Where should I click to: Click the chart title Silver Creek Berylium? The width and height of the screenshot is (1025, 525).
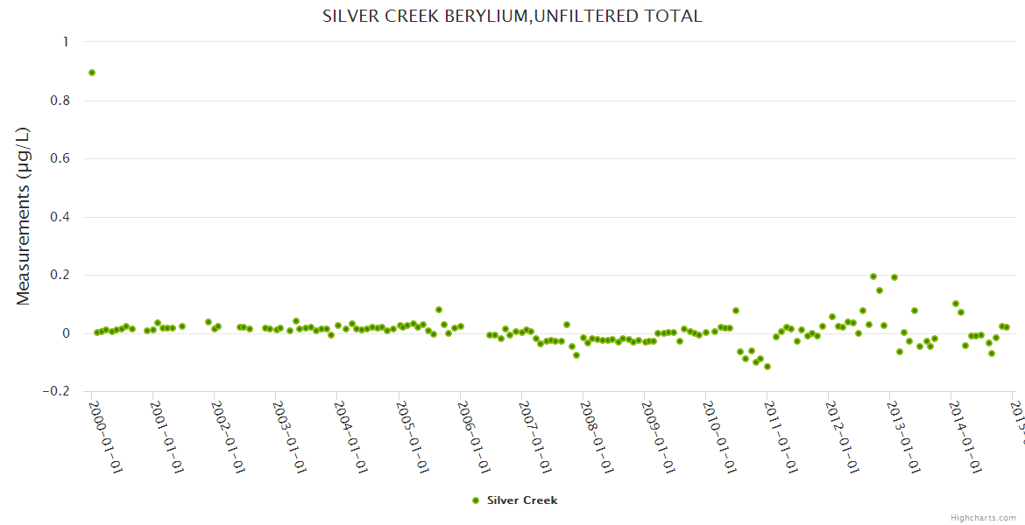(512, 17)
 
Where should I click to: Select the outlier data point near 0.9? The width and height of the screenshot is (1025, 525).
(92, 73)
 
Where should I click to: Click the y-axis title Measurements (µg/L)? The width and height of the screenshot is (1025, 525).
(24, 216)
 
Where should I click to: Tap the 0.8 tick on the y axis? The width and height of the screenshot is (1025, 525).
(62, 101)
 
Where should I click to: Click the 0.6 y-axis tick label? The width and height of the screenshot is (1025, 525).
(62, 158)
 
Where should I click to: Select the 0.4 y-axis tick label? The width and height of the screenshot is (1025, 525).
(62, 217)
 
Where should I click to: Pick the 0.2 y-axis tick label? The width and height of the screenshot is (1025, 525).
(62, 275)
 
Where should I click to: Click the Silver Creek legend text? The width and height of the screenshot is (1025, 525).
(522, 500)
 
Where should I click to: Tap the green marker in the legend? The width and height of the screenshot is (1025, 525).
(476, 500)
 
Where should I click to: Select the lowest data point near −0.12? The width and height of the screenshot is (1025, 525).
(767, 367)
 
